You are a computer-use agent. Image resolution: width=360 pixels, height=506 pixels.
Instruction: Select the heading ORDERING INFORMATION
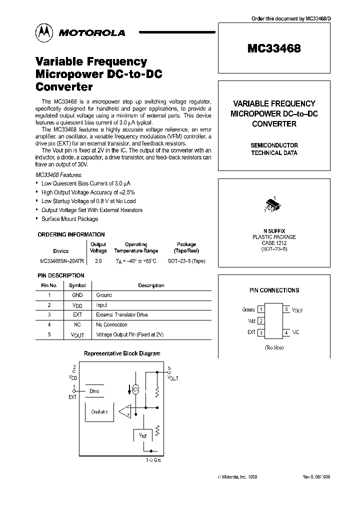(x=71, y=234)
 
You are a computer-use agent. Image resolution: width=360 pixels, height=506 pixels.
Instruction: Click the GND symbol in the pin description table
(x=77, y=295)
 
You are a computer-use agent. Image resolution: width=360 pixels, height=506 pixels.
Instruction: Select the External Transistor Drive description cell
(x=121, y=315)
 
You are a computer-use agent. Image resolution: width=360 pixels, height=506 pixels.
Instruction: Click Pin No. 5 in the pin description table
(x=49, y=334)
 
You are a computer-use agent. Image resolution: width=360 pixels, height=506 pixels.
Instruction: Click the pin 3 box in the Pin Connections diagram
(x=260, y=332)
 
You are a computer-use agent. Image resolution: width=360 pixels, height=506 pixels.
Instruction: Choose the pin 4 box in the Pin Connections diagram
(x=286, y=332)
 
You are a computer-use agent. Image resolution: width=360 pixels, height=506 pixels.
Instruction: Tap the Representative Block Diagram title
(x=122, y=353)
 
